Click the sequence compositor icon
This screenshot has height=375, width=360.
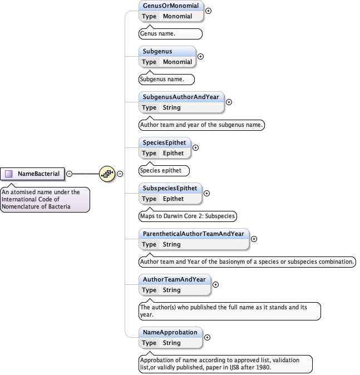[x=107, y=174]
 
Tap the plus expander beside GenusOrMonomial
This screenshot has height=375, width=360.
[x=209, y=11]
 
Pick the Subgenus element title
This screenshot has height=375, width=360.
[x=157, y=52]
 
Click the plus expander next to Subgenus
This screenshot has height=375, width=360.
[x=201, y=56]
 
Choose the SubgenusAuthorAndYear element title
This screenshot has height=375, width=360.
[x=181, y=97]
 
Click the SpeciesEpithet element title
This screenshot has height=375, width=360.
[x=164, y=143]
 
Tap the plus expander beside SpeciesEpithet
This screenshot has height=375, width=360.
[x=195, y=147]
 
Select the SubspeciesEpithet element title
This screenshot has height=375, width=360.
[x=170, y=189]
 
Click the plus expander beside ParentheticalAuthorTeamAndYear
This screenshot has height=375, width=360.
[x=254, y=239]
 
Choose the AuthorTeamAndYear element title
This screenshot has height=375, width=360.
[x=174, y=280]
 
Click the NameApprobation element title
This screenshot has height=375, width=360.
[x=170, y=333]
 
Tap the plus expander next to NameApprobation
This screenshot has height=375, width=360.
[x=208, y=337]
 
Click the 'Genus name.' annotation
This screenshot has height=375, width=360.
[x=158, y=34]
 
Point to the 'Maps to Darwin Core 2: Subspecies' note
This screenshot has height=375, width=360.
[x=188, y=216]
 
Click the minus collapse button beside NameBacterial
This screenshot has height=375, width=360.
[x=69, y=174]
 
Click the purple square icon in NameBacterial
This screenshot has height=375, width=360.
[x=9, y=174]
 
